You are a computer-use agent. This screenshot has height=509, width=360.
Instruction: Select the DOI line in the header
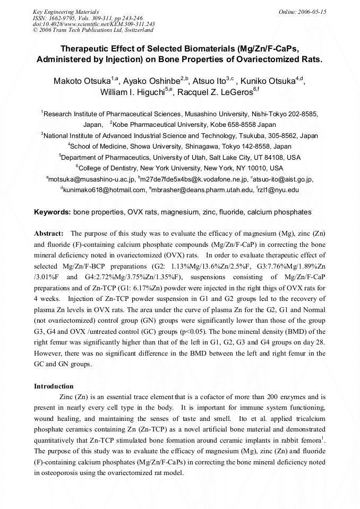click(94, 24)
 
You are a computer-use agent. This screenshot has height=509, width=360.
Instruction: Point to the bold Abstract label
click(49, 234)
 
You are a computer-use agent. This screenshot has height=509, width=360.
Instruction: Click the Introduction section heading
click(54, 386)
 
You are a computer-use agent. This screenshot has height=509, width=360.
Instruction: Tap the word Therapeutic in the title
click(92, 47)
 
